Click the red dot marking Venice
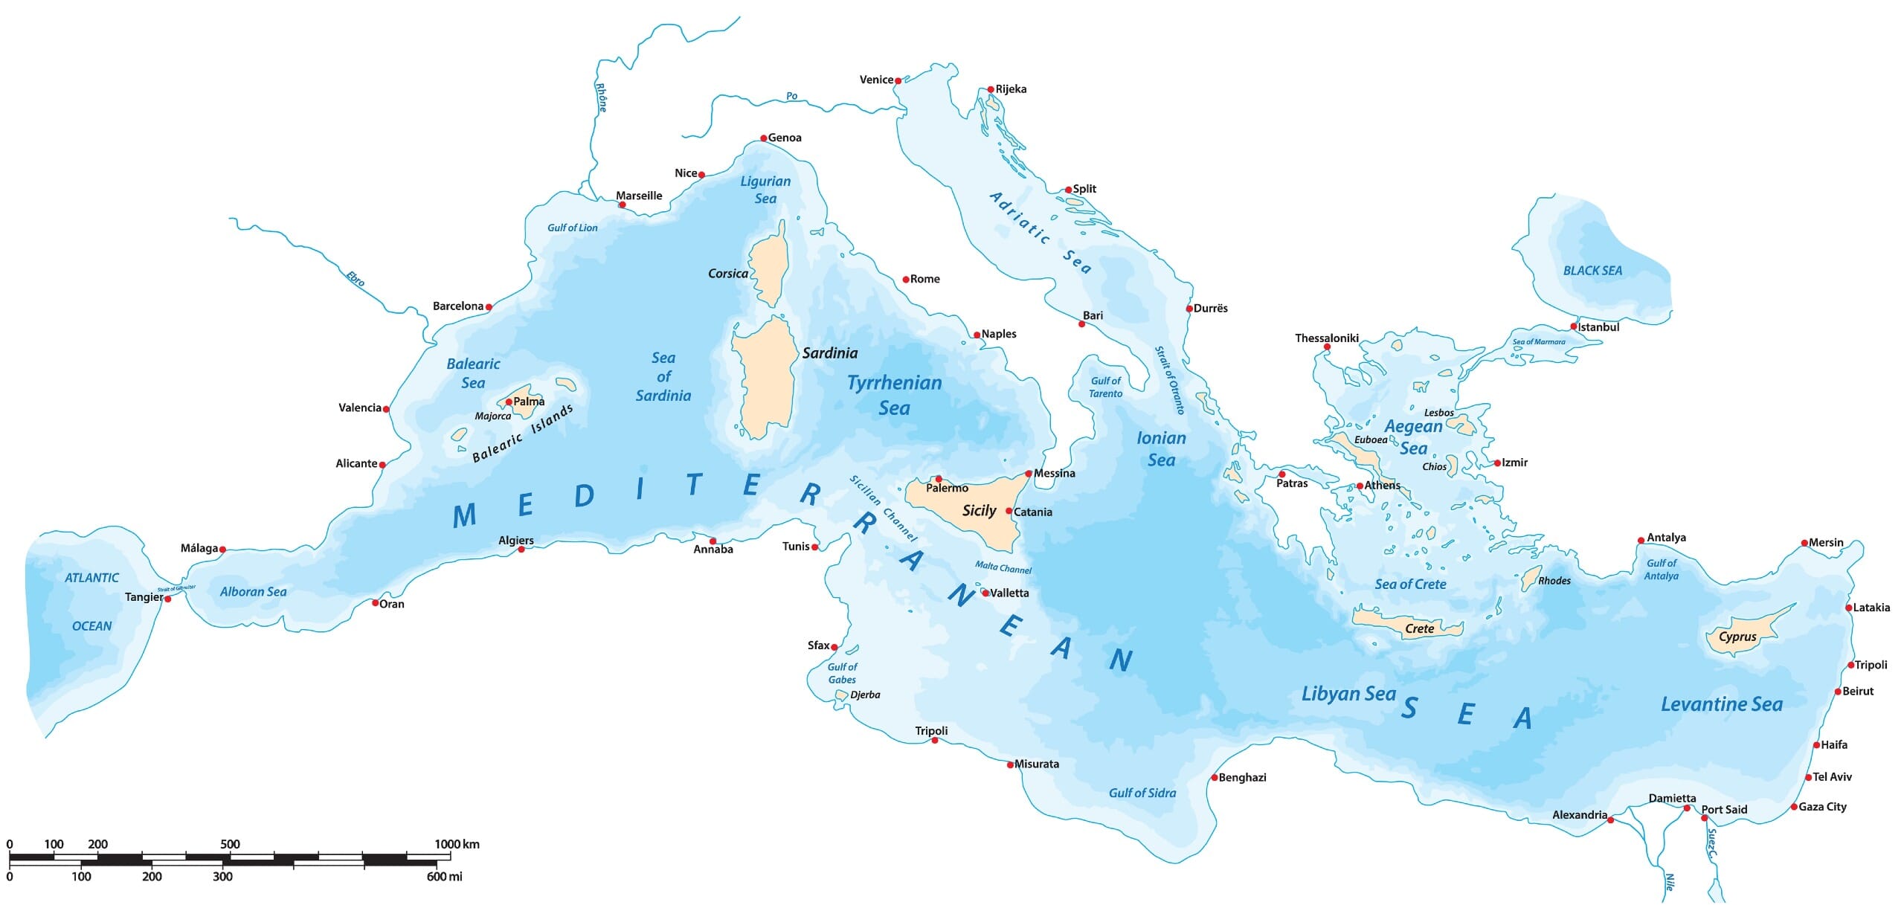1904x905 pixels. coord(898,80)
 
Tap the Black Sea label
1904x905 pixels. coord(1592,271)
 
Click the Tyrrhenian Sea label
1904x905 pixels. coord(895,395)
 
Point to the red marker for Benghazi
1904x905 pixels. coord(1215,778)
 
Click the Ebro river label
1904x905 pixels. coord(356,278)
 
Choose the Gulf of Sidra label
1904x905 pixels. coord(1142,793)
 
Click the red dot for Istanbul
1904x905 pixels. coord(1574,326)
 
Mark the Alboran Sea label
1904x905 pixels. coord(253,592)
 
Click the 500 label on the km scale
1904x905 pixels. coord(230,844)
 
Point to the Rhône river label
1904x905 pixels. coord(602,97)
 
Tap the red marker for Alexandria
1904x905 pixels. coord(1610,819)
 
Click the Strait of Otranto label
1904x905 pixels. coord(1169,380)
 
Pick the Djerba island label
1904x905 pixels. coord(865,695)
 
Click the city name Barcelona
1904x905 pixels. coord(458,306)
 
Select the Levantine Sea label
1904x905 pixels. coord(1722,704)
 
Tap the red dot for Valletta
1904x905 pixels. coord(985,593)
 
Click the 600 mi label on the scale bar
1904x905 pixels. coord(444,876)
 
